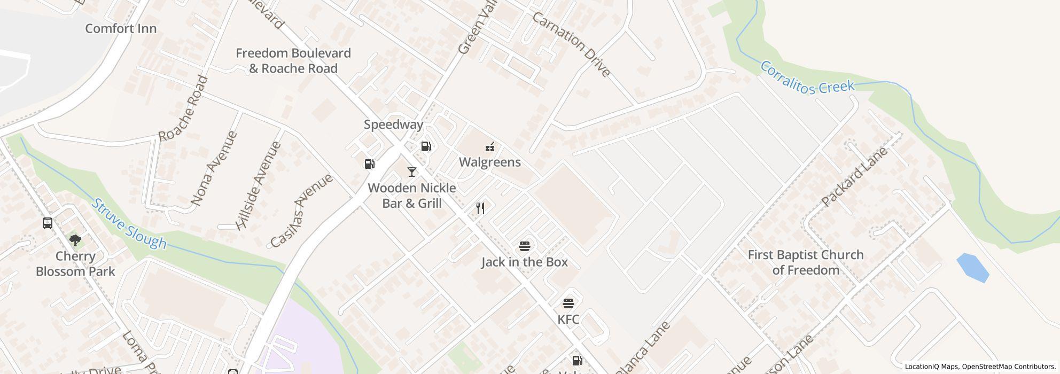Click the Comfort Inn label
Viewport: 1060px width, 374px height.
coord(121,28)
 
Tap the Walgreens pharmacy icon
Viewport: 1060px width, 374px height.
coord(489,147)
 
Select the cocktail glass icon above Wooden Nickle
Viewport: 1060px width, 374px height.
coord(411,172)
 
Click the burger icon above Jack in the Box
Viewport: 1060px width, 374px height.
coord(524,246)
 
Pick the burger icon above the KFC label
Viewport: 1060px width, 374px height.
coord(568,303)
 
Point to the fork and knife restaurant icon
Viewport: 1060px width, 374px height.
coord(480,208)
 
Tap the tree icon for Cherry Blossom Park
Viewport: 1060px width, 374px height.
coord(75,240)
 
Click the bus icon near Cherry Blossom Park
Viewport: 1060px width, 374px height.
coord(48,223)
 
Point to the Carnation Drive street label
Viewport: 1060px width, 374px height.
coord(571,44)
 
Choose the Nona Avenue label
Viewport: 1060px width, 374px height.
coord(214,168)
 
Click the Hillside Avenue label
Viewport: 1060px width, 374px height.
coord(259,185)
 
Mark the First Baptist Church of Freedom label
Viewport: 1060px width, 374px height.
coord(805,262)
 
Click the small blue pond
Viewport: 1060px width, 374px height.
coord(972,267)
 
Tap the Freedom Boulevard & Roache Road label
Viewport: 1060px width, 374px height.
coord(293,60)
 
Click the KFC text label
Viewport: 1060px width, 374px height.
coord(568,320)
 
